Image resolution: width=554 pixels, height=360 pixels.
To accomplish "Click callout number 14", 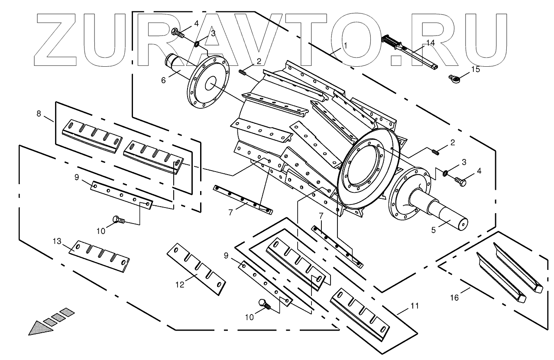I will [430, 42].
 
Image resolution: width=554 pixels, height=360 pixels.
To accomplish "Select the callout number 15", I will [476, 69].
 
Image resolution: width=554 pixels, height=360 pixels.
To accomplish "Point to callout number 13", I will [58, 241].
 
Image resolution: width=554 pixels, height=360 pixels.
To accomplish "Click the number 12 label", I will [180, 284].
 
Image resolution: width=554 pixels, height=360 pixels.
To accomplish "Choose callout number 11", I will [415, 306].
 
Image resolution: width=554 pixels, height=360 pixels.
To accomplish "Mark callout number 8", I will [39, 114].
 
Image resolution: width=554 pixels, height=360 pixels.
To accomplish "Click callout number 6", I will [163, 80].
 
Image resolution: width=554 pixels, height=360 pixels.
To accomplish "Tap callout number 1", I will [346, 45].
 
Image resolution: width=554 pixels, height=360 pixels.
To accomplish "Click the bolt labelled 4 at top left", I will [177, 32].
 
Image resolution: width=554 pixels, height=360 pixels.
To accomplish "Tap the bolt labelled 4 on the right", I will [461, 182].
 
